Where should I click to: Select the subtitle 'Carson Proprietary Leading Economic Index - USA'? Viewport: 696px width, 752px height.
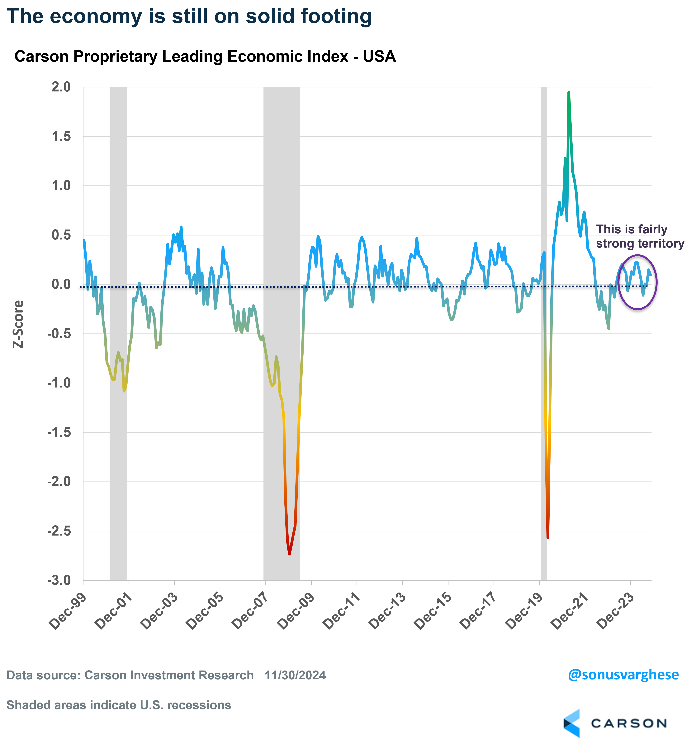(x=205, y=56)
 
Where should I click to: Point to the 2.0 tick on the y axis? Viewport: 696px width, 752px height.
(x=61, y=87)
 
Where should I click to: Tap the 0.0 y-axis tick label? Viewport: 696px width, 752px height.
(x=61, y=284)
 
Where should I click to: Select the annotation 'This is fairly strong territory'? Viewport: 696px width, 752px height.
(x=640, y=236)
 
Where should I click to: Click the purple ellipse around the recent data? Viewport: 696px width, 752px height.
(x=656, y=282)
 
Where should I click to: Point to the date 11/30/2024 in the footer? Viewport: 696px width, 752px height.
(x=295, y=675)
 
